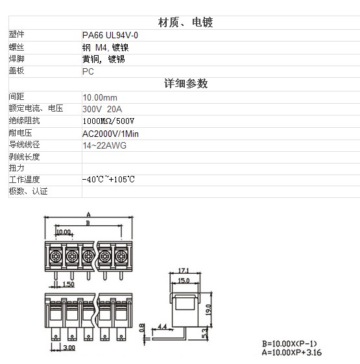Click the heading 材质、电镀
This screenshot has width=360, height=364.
(186, 23)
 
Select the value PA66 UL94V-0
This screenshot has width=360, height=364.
(110, 35)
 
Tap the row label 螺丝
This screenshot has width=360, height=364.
(16, 47)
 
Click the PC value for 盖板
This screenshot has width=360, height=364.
(88, 71)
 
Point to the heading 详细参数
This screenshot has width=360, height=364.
(186, 84)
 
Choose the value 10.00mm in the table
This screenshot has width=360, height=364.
(100, 98)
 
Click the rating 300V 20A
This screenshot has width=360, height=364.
(102, 109)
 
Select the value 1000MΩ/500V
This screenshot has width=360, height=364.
(108, 121)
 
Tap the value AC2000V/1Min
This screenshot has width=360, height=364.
(110, 134)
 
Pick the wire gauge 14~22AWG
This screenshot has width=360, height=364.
(104, 145)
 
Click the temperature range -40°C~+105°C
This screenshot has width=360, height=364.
(108, 179)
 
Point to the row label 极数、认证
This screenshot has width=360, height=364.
(28, 191)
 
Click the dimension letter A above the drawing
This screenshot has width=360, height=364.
(88, 215)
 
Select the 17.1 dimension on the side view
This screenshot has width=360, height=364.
(184, 271)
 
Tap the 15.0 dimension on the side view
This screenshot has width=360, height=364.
(184, 281)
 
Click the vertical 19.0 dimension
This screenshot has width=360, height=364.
(208, 310)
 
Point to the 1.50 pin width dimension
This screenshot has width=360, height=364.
(69, 284)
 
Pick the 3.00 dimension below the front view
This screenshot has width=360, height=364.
(69, 348)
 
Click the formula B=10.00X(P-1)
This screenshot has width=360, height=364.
(289, 344)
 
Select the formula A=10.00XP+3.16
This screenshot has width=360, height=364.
(292, 352)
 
